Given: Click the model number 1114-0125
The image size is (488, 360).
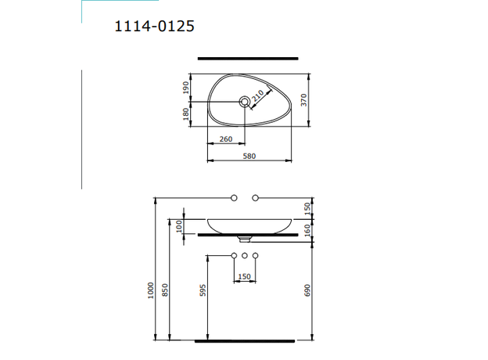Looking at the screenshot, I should [154, 26].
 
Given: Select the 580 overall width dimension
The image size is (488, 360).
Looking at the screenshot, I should [249, 157].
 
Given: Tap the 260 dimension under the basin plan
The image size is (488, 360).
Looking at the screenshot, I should [225, 139].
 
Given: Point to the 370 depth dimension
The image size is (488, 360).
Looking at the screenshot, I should [307, 100].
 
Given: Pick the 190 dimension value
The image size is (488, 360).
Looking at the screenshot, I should [186, 87].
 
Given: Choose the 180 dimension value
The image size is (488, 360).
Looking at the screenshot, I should [186, 113].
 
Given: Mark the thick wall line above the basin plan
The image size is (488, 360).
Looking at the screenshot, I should [249, 58].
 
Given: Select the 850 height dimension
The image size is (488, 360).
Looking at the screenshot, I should [165, 290].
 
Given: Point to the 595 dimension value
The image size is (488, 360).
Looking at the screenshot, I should [201, 290].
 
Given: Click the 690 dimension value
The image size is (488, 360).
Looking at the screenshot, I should [307, 290].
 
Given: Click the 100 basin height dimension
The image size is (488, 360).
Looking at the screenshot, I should [179, 225].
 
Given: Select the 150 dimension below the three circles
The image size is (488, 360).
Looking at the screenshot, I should [245, 276].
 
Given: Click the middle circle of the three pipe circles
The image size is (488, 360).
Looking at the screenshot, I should [245, 257].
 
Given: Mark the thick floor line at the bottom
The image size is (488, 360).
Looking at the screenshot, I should [245, 341].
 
